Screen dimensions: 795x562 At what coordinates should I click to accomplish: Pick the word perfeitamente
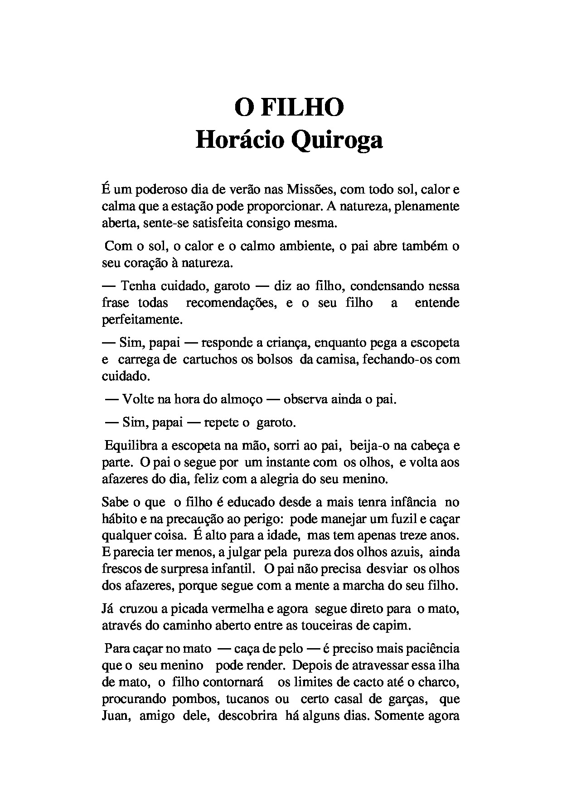tap(142, 320)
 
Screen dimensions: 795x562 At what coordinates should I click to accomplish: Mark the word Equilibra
tap(131, 446)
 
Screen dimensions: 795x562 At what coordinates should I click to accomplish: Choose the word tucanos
tap(244, 699)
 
